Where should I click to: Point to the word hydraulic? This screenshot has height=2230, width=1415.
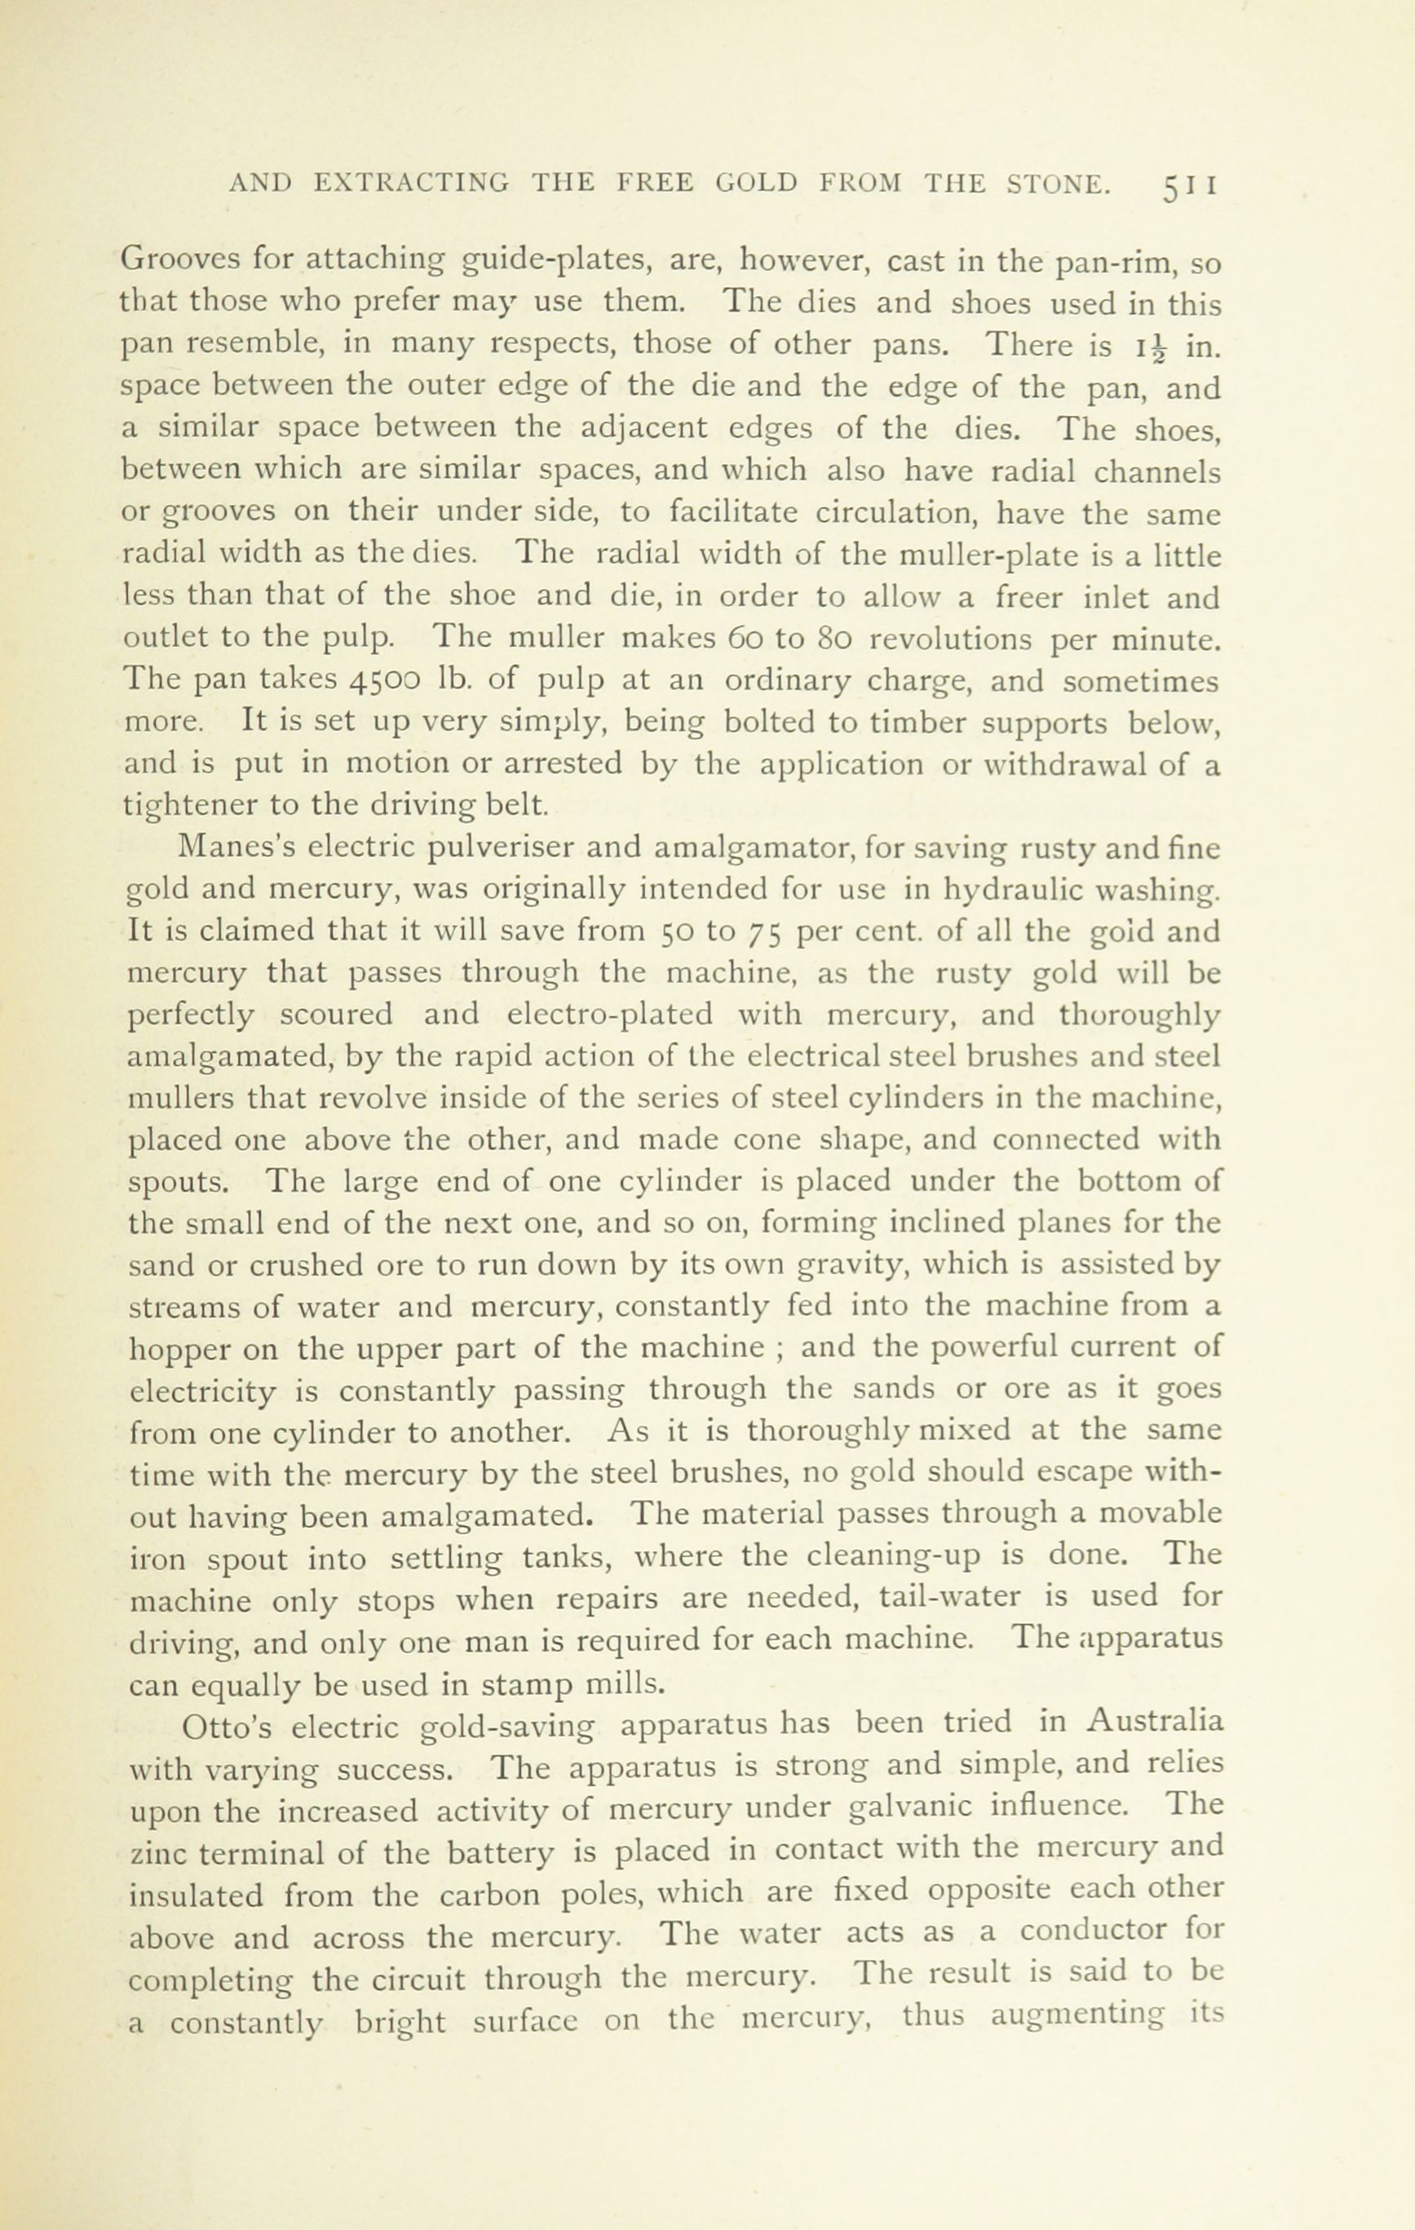[1013, 889]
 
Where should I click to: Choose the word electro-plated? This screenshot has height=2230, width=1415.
[610, 1015]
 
